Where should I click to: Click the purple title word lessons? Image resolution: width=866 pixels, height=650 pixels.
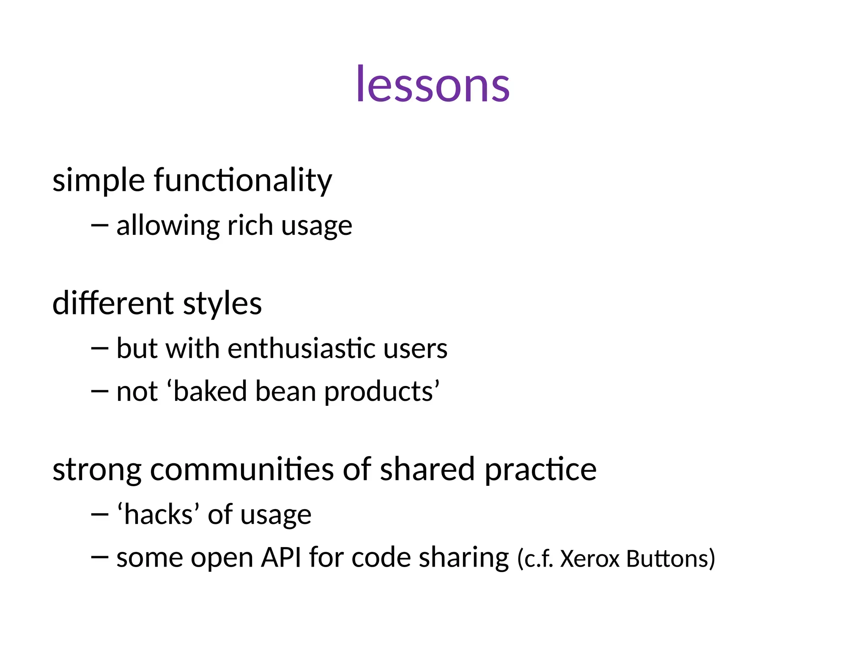[433, 85]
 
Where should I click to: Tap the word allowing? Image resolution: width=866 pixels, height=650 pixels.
[168, 226]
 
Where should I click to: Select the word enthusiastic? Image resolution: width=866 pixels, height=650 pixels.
[301, 348]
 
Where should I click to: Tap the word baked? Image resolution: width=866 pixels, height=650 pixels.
[210, 391]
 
